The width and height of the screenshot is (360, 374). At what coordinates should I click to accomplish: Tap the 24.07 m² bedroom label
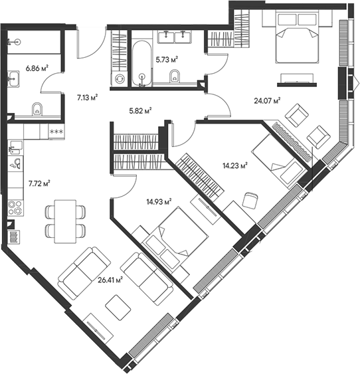tap(266, 101)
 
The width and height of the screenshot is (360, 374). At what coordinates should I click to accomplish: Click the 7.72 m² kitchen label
tap(39, 182)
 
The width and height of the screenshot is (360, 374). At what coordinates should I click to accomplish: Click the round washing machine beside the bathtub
tap(120, 78)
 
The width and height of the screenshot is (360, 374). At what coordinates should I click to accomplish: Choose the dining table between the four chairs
tap(65, 221)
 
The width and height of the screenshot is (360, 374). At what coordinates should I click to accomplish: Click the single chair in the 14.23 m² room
tap(250, 199)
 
